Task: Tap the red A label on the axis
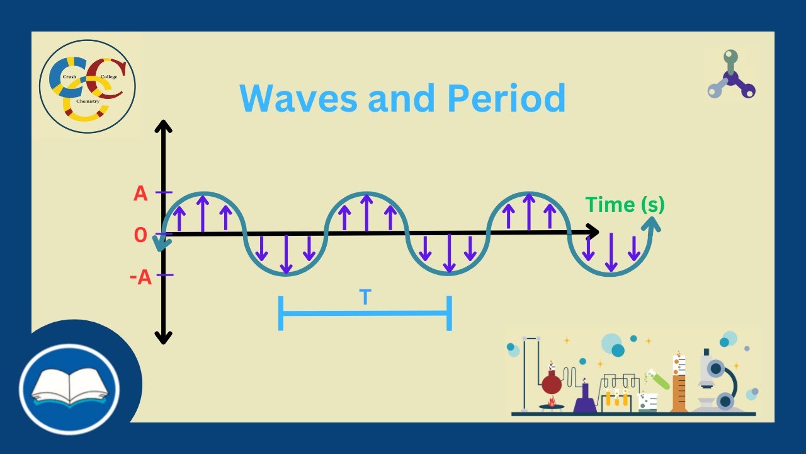140,194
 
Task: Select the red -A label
140,277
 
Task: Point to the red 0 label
140,235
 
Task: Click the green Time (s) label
625,204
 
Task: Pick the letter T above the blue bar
364,297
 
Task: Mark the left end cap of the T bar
281,312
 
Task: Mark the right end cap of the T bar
448,312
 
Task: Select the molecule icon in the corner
730,77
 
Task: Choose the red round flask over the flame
552,383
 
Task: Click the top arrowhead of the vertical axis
164,126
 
